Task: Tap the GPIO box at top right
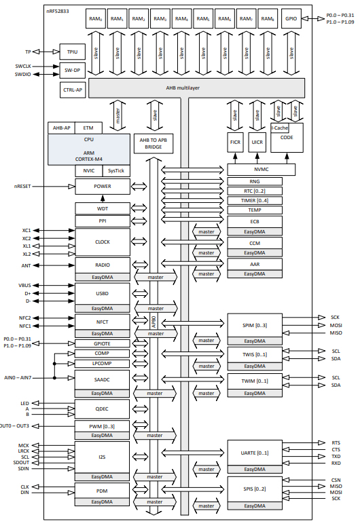290,19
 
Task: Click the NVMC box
262,170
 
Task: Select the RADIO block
103,265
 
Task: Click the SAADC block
103,379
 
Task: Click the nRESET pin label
23,186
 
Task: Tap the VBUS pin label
25,285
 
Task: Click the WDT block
103,208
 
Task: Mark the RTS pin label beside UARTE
336,442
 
